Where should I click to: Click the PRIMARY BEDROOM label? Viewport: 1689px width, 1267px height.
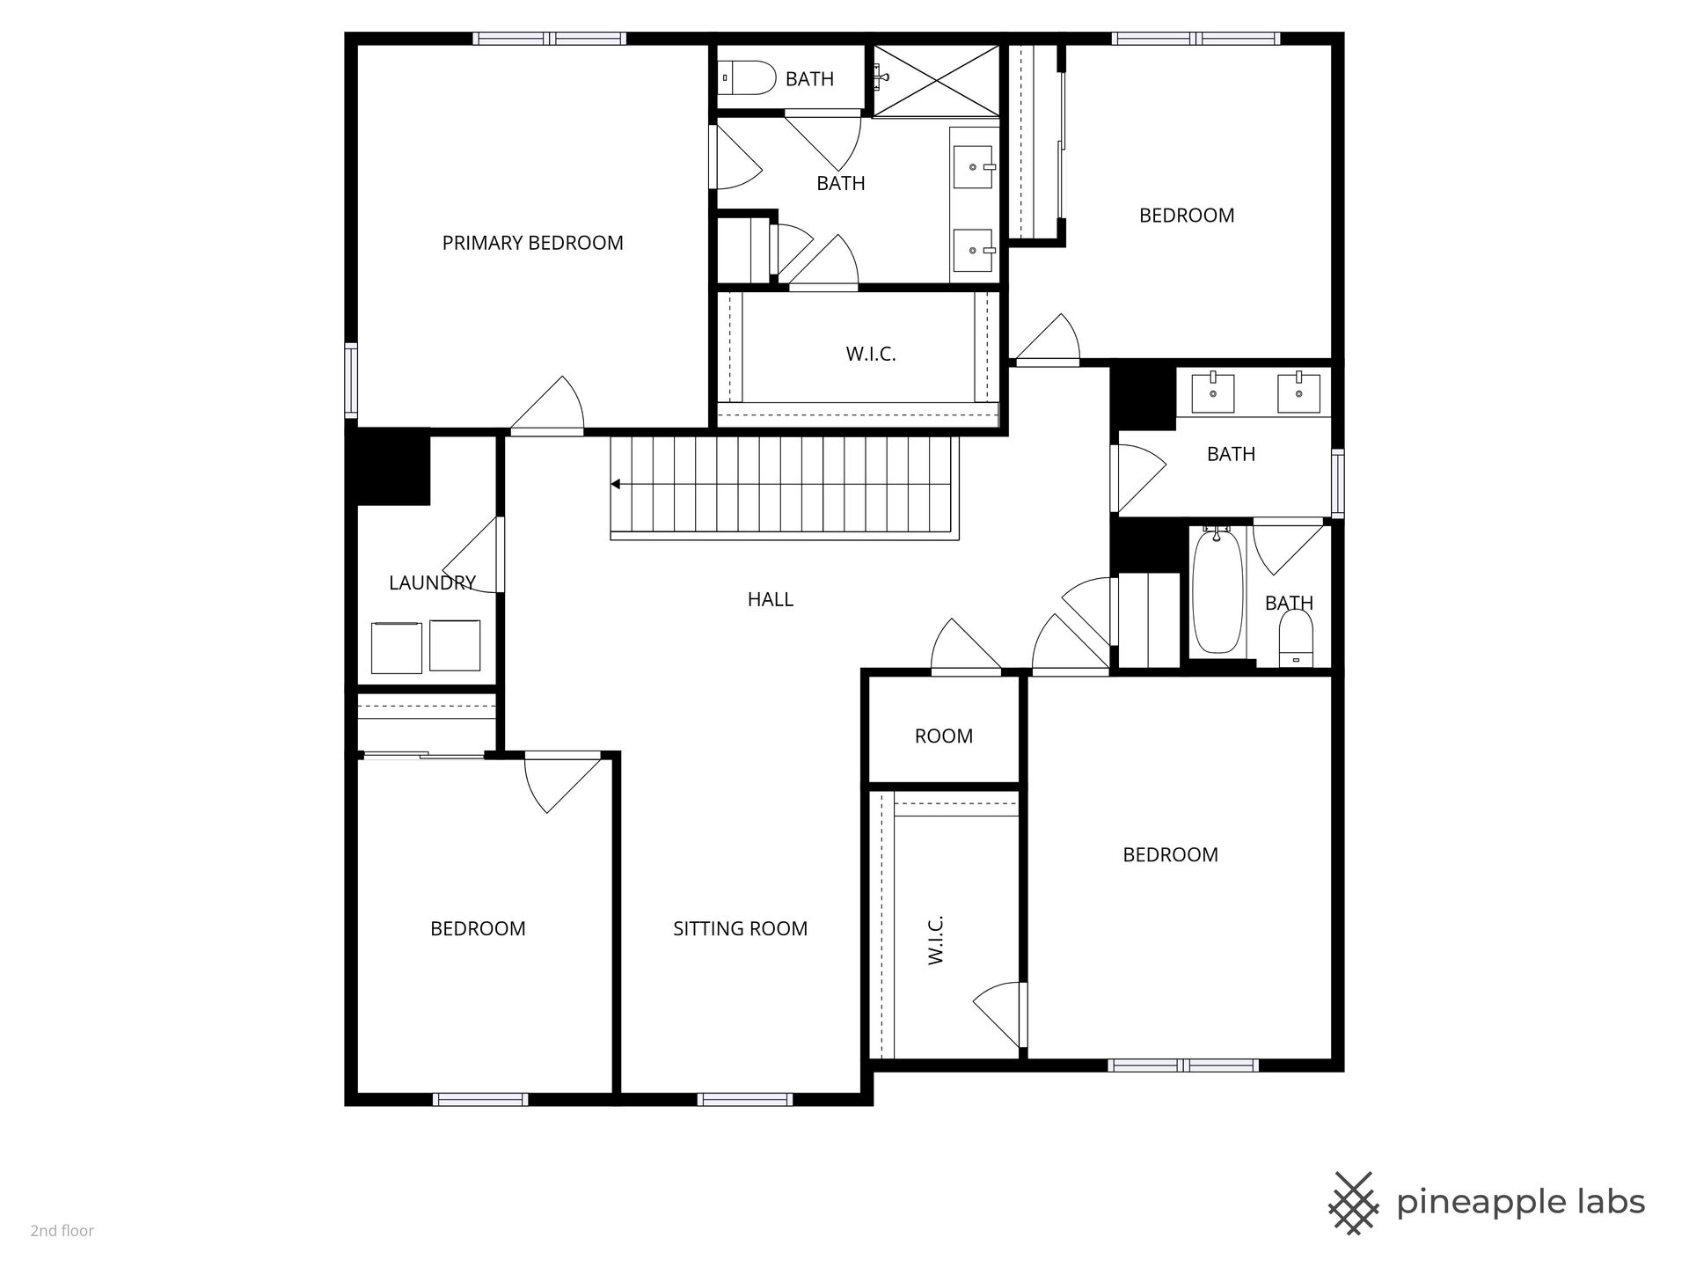pyautogui.click(x=532, y=243)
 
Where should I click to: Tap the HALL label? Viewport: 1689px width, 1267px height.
pyautogui.click(x=771, y=599)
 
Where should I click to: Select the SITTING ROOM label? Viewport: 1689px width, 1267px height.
pyautogui.click(x=740, y=928)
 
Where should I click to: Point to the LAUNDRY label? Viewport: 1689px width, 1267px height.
pyautogui.click(x=432, y=582)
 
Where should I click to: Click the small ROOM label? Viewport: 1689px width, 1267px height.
pyautogui.click(x=944, y=736)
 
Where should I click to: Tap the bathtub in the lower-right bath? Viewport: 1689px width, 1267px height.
pyautogui.click(x=1217, y=590)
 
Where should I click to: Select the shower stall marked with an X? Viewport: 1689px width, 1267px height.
pyautogui.click(x=937, y=80)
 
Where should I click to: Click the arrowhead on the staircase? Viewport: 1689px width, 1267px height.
pyautogui.click(x=616, y=484)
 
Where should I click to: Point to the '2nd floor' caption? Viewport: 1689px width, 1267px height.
pyautogui.click(x=62, y=1231)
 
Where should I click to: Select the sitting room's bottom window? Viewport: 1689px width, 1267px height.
pyautogui.click(x=745, y=1099)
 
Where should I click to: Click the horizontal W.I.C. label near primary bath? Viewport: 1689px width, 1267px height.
pyautogui.click(x=871, y=354)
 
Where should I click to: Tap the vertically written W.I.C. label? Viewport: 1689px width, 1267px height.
pyautogui.click(x=935, y=940)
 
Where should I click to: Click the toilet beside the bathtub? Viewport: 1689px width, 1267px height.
pyautogui.click(x=1295, y=639)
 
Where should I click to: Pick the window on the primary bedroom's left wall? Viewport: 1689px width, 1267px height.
pyautogui.click(x=351, y=379)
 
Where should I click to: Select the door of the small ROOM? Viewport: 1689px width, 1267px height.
pyautogui.click(x=966, y=647)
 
